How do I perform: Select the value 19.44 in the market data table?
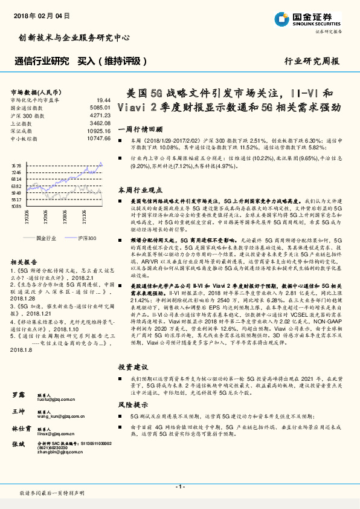click(x=103, y=99)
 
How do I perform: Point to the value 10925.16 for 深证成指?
click(x=98, y=130)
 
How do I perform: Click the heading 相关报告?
click(x=25, y=262)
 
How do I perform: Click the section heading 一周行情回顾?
click(x=140, y=129)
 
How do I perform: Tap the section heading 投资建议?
click(x=132, y=367)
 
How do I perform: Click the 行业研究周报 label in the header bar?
click(x=311, y=61)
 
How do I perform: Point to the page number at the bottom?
click(x=179, y=486)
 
